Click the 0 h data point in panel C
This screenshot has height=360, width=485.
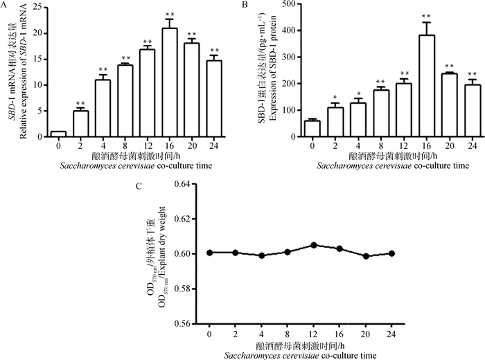[x=209, y=253]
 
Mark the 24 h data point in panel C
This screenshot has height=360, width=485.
[x=392, y=253]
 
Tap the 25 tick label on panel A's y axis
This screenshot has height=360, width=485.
[x=40, y=8]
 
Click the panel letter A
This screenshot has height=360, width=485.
[x=4, y=6]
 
